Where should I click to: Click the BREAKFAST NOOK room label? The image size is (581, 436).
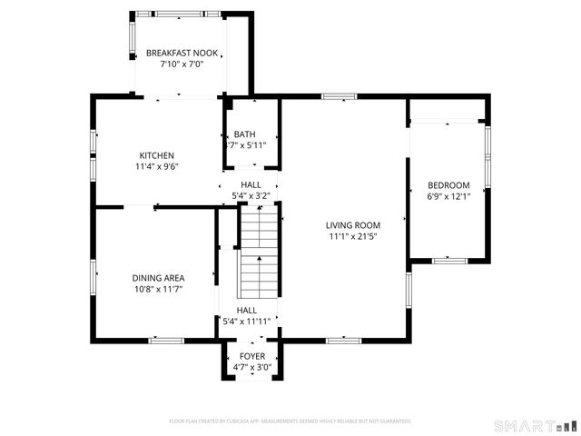[182, 54]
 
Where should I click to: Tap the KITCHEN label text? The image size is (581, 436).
[156, 155]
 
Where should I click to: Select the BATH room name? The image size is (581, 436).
[245, 134]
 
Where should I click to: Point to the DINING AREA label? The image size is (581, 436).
[158, 278]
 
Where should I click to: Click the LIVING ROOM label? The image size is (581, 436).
[353, 225]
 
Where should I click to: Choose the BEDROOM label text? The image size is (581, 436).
[448, 185]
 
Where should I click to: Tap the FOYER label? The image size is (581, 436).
[251, 356]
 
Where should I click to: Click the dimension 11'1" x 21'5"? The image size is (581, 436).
[353, 236]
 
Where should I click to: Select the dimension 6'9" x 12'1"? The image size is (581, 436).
[448, 196]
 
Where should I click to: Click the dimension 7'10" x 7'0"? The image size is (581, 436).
[182, 64]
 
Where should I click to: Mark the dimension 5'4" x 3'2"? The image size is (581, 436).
[251, 195]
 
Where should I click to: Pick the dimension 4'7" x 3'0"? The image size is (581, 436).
[251, 367]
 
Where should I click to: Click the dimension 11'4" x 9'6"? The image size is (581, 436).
[156, 166]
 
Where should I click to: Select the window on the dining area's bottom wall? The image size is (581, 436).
[165, 340]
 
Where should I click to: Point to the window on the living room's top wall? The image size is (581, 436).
[338, 95]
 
